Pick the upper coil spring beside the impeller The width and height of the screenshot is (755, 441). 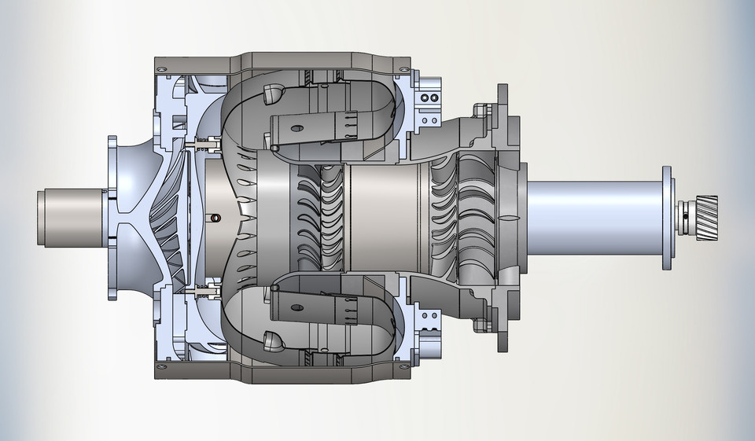pos(208,145)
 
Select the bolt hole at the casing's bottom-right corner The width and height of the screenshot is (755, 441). pos(403,362)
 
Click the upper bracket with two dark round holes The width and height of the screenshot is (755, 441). pos(429,98)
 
